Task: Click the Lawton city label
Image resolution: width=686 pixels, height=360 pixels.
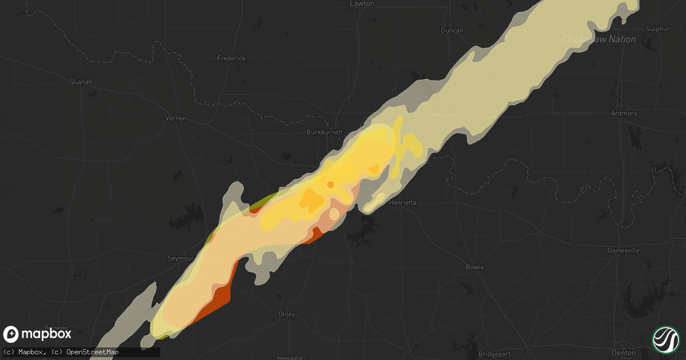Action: tap(361, 3)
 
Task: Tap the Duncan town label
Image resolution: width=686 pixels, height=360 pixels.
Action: tap(452, 30)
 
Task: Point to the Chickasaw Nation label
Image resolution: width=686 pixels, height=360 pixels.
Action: tap(598, 39)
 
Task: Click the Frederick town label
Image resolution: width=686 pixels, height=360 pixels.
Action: tap(232, 58)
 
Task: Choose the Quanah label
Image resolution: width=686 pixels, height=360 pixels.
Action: tap(81, 82)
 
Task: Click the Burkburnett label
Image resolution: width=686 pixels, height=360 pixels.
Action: tap(324, 132)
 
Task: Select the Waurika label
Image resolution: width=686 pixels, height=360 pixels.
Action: tap(444, 115)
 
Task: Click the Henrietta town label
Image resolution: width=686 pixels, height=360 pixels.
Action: tap(402, 202)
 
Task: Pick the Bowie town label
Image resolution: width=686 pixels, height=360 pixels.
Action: tap(474, 267)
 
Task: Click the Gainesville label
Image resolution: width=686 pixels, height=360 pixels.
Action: tap(623, 250)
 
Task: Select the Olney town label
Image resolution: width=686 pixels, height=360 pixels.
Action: tap(286, 314)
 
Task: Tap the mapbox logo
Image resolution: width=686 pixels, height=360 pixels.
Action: tap(37, 334)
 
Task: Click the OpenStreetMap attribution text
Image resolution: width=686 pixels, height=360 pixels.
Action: tap(92, 352)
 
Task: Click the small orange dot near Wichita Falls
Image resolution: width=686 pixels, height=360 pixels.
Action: tap(330, 184)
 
